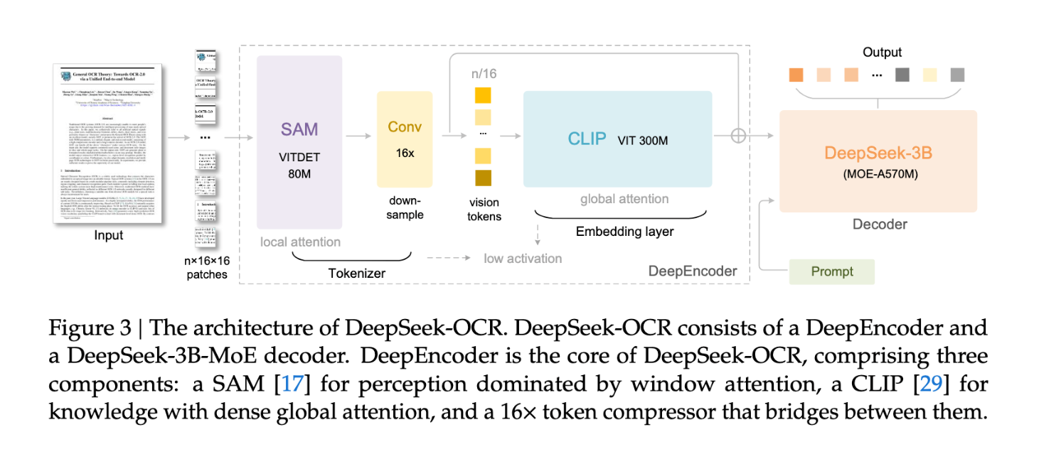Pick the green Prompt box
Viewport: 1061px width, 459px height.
click(x=831, y=271)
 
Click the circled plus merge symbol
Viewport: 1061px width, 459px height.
click(x=740, y=135)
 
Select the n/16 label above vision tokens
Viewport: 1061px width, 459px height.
click(x=484, y=74)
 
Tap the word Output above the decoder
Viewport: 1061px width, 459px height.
click(x=882, y=53)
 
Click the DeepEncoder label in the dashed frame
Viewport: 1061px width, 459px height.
click(x=693, y=271)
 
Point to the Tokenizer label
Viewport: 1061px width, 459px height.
click(x=356, y=273)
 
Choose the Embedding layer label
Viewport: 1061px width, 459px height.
click(x=624, y=232)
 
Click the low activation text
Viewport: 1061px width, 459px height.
click(x=523, y=258)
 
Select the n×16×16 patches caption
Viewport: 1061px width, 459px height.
click(x=208, y=267)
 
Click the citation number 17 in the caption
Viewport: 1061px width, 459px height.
click(x=292, y=384)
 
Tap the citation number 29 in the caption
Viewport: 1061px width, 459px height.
click(x=930, y=384)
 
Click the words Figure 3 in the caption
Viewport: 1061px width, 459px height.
click(x=91, y=328)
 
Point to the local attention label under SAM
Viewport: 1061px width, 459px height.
click(x=300, y=242)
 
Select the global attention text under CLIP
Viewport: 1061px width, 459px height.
click(x=624, y=199)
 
